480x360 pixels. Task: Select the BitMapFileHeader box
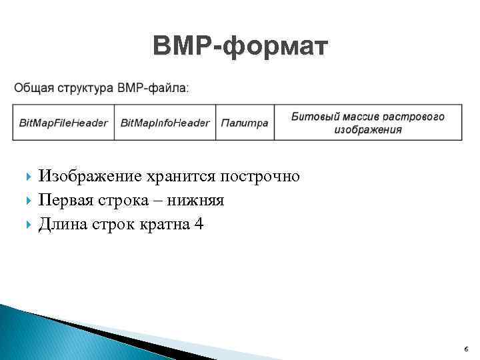pos(63,123)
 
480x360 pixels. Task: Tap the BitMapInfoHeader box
pos(165,123)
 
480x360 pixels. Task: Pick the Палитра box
pos(245,123)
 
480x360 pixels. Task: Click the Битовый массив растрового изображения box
pos(367,123)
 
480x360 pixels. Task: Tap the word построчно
pos(260,177)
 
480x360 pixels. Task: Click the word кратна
pos(160,225)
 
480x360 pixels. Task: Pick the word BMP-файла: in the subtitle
pos(153,87)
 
